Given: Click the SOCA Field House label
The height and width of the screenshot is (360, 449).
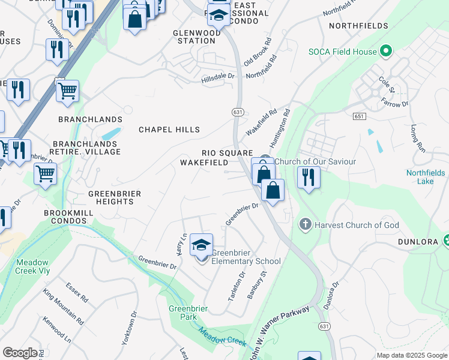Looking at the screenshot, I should pos(343,52).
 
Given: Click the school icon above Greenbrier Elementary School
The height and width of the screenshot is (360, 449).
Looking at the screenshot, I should pos(201,244).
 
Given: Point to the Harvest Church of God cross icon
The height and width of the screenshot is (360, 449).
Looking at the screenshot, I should pos(305,225).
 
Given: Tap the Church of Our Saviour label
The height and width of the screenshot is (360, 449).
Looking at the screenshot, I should pos(315,161).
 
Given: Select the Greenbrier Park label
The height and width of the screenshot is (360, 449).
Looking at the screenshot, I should pos(188,313).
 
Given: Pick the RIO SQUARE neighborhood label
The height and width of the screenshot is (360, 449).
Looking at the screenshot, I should pos(227,153).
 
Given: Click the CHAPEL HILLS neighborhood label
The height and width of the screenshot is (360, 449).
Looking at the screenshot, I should pos(169,130).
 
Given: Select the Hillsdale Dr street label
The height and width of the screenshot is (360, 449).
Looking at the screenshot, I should pos(217,77).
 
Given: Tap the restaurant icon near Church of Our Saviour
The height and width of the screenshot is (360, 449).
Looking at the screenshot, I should pos(309,178).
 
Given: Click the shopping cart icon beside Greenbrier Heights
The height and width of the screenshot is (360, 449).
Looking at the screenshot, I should pos(45,175).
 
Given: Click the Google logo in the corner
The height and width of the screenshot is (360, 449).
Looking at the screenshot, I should pos(20,353).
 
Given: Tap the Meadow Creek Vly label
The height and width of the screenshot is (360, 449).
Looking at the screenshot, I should pos(32,266).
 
